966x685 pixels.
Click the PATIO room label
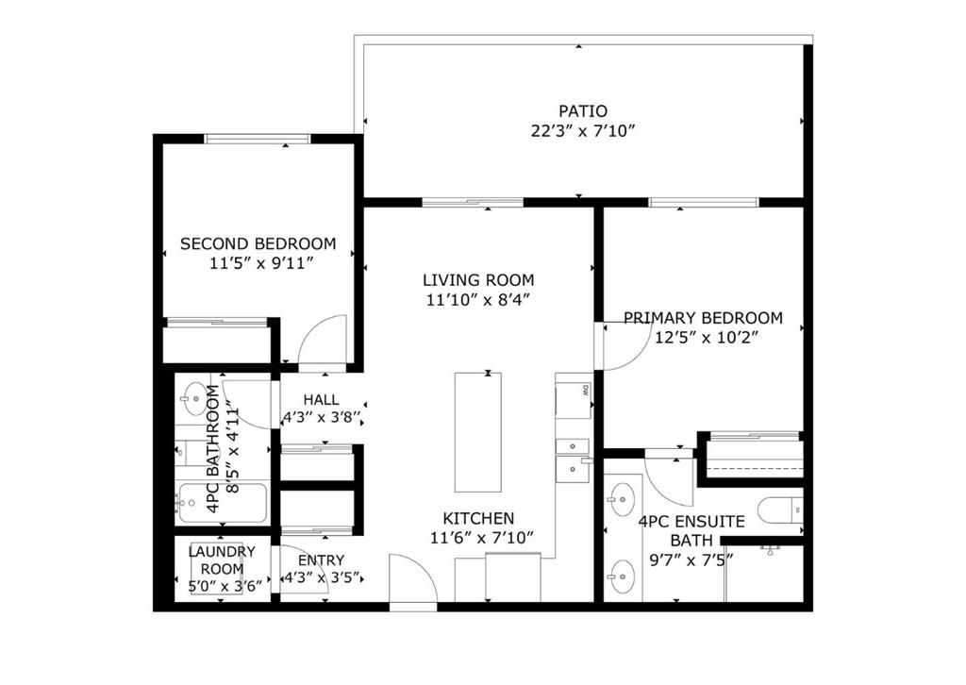pyautogui.click(x=583, y=111)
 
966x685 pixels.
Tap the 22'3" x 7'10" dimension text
pyautogui.click(x=583, y=131)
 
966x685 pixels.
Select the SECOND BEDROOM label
pyautogui.click(x=258, y=243)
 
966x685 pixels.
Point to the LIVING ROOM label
pyautogui.click(x=478, y=280)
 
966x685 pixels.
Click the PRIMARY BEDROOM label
pyautogui.click(x=703, y=318)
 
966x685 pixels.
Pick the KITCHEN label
pyautogui.click(x=478, y=519)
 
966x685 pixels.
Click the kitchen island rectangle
pyautogui.click(x=478, y=432)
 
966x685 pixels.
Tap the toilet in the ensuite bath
pyautogui.click(x=781, y=510)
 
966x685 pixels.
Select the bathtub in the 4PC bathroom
pyautogui.click(x=223, y=504)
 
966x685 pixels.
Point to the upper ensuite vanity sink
pyautogui.click(x=621, y=498)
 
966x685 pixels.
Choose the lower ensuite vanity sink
pyautogui.click(x=621, y=576)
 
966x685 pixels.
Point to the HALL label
pyautogui.click(x=321, y=400)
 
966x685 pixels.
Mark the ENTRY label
pyautogui.click(x=321, y=560)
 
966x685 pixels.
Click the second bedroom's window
pyautogui.click(x=258, y=139)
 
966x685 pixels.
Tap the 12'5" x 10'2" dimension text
pyautogui.click(x=706, y=338)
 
